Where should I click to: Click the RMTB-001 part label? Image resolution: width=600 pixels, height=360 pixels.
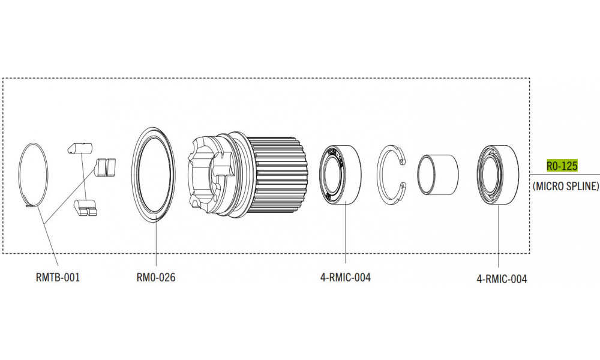[58, 278]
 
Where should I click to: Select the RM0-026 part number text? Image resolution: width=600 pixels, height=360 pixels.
[155, 278]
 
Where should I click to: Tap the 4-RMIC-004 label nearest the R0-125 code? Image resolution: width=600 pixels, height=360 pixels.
[502, 279]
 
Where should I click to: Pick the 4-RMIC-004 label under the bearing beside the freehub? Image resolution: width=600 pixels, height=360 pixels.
[345, 278]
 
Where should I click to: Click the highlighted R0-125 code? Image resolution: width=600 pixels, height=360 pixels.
[562, 165]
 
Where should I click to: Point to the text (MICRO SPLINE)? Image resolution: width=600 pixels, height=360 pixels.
[566, 186]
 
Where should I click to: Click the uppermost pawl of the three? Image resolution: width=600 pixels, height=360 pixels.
[80, 147]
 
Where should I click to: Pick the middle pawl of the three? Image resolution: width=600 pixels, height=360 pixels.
[105, 167]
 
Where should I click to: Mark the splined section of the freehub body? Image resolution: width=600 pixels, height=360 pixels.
[278, 175]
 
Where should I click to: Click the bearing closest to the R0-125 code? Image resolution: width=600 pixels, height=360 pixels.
[498, 175]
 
